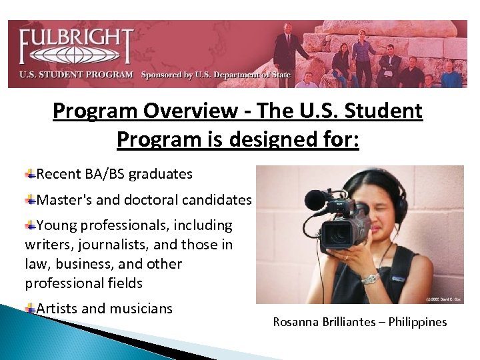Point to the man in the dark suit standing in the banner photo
pyautogui.click(x=288, y=51)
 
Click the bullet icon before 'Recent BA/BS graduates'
pyautogui.click(x=31, y=174)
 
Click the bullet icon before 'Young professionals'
pyautogui.click(x=31, y=225)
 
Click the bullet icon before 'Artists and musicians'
pyautogui.click(x=31, y=309)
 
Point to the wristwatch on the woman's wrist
pyautogui.click(x=369, y=278)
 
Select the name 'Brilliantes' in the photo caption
pyautogui.click(x=349, y=322)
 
